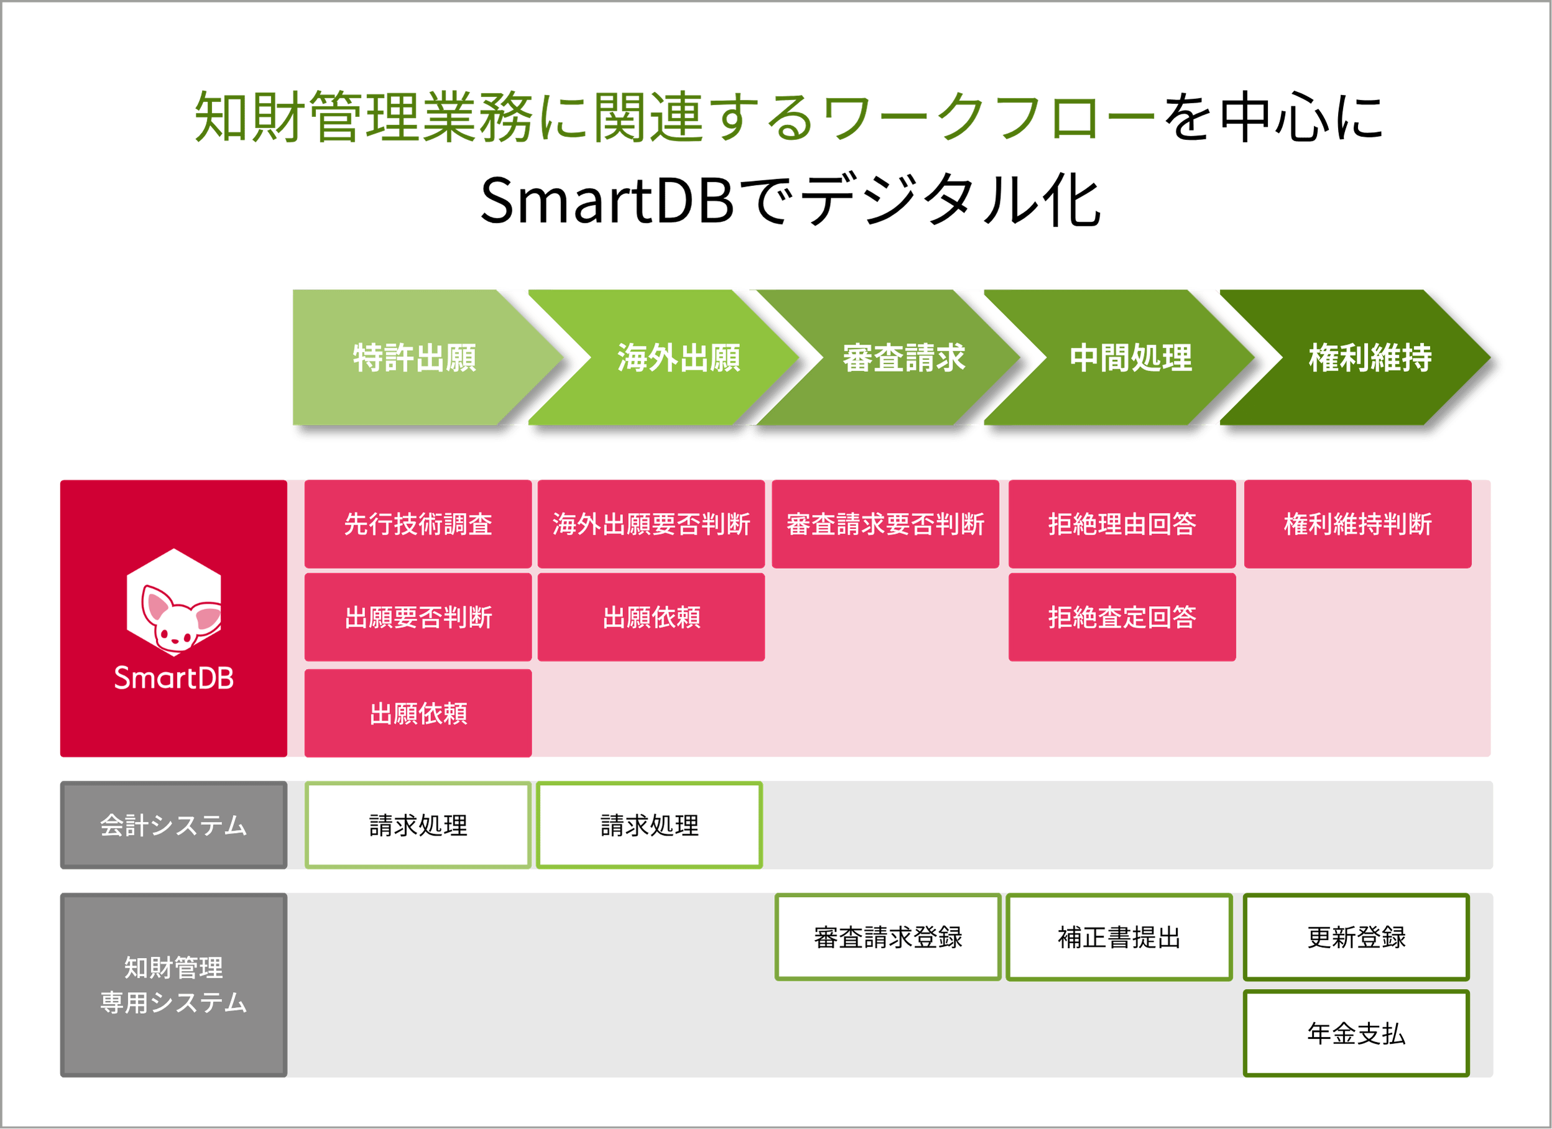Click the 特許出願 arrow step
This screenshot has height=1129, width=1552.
point(415,357)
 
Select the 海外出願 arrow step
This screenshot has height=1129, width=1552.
point(678,357)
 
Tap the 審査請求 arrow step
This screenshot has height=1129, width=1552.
point(903,357)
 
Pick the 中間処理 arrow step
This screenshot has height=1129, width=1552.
point(1130,357)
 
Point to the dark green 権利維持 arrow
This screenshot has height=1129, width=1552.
point(1369,357)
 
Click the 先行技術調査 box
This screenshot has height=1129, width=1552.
point(418,524)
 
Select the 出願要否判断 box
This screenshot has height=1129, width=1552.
point(418,617)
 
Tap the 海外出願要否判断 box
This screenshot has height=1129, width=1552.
point(651,524)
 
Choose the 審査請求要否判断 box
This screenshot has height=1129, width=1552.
point(885,524)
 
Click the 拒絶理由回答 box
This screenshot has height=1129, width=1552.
point(1122,524)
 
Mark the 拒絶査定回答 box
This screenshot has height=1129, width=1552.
point(1122,617)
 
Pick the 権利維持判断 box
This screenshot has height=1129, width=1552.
point(1357,524)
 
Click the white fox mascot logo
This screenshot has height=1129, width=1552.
point(174,602)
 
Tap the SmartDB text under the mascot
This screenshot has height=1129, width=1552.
point(174,678)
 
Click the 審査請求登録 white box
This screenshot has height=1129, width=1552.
point(887,938)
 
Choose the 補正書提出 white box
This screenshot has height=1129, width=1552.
point(1119,938)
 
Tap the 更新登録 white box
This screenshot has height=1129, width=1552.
point(1356,938)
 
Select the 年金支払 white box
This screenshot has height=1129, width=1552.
point(1356,1033)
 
